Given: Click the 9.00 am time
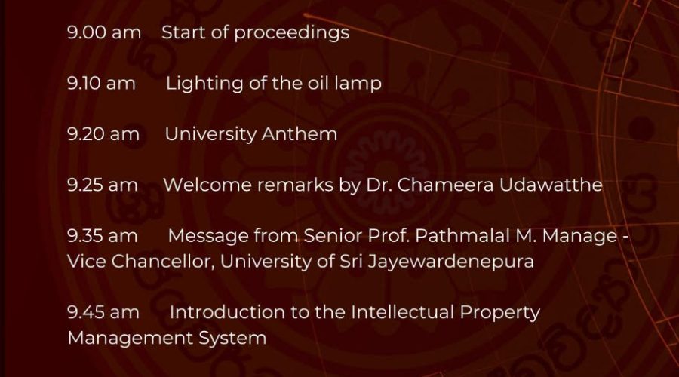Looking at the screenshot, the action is [x=104, y=32].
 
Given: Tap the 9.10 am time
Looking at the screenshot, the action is [x=101, y=83].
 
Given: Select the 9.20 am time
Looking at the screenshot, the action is [x=103, y=133].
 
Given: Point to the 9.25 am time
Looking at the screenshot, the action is [x=102, y=185].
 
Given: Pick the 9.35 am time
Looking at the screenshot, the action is [x=102, y=236].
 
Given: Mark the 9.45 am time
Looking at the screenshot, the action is [x=103, y=312].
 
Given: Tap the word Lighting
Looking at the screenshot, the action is [x=204, y=84].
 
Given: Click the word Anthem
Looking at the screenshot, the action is [x=300, y=133].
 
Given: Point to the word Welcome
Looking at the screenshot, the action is [x=207, y=185].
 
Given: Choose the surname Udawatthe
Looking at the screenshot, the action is [x=551, y=185].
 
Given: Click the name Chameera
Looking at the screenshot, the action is [x=445, y=185].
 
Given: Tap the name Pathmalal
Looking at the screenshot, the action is [x=462, y=236].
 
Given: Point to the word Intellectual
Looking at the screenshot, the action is [x=402, y=312].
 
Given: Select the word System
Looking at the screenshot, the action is [x=232, y=339].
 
